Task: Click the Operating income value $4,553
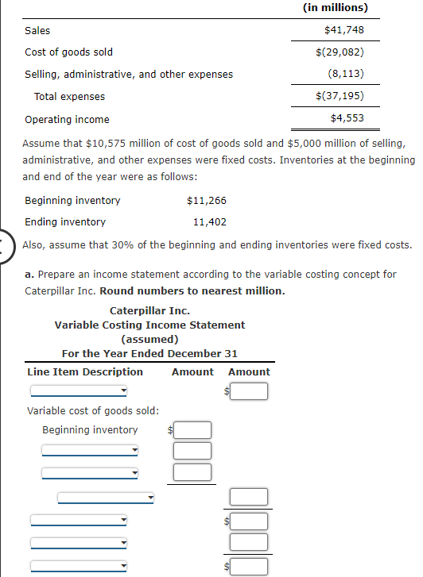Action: tap(348, 119)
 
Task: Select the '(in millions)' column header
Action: tap(336, 8)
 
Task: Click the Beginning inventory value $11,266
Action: tap(206, 200)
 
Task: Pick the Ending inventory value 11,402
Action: tap(210, 222)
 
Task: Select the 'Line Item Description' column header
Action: tap(85, 371)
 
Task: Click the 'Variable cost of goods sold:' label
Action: tap(93, 410)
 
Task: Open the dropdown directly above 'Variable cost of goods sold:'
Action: tap(79, 390)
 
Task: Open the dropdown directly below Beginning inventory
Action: tap(90, 451)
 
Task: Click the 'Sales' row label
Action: tap(37, 30)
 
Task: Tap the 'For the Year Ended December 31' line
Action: tap(149, 353)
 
